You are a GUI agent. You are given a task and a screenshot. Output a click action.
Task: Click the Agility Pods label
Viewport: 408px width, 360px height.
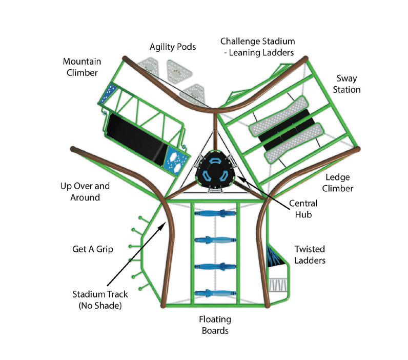click(x=173, y=47)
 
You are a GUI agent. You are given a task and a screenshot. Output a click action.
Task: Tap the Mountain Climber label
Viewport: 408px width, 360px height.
click(x=80, y=67)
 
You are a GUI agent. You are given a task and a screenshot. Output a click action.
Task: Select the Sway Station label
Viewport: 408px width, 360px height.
click(x=348, y=84)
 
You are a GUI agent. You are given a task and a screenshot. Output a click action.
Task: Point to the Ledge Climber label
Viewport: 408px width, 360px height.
click(x=339, y=183)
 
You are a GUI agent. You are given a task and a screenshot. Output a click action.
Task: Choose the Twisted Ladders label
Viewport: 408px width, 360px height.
click(x=310, y=254)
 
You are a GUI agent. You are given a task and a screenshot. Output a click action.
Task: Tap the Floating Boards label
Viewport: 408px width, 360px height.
click(x=215, y=325)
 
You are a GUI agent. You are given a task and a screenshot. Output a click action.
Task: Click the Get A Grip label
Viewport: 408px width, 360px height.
click(x=92, y=249)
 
